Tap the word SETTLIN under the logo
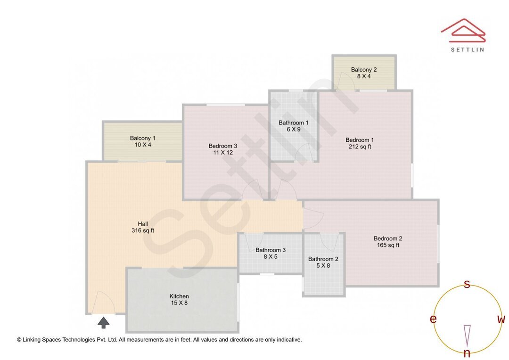click(467, 49)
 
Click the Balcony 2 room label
click(364, 70)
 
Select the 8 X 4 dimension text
click(364, 76)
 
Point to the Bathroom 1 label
click(294, 123)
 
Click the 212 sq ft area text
click(360, 147)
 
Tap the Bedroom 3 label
click(223, 146)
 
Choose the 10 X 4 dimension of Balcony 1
click(143, 145)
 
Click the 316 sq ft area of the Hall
click(143, 230)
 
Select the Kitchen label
click(179, 296)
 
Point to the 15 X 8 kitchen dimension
click(179, 303)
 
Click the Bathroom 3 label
click(271, 250)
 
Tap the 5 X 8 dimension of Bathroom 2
click(323, 265)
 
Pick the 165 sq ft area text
click(388, 245)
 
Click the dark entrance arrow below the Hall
click(104, 322)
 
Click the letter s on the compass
click(467, 284)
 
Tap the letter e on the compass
click(433, 319)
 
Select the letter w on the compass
click(501, 319)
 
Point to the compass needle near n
click(467, 335)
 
